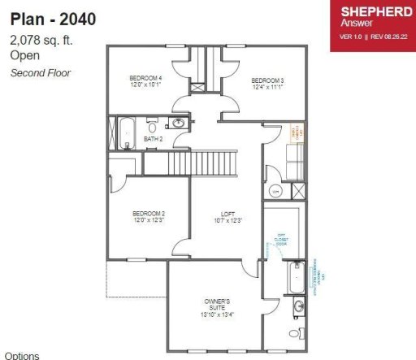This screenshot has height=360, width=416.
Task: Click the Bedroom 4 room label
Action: click(146, 80)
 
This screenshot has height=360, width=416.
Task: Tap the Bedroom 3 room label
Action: click(266, 82)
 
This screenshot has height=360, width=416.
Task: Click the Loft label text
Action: click(227, 217)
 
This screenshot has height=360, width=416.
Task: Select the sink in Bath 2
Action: click(178, 124)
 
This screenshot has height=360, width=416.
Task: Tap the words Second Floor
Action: click(41, 72)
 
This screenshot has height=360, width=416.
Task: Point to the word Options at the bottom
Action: click(22, 355)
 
